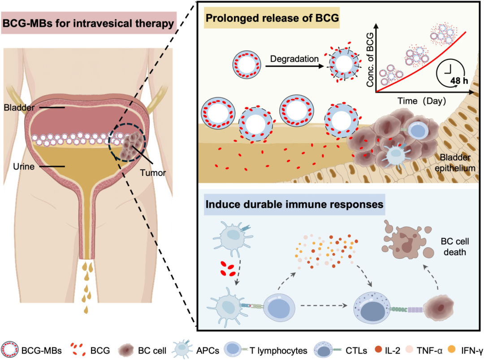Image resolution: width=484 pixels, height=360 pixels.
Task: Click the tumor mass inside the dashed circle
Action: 132,143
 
